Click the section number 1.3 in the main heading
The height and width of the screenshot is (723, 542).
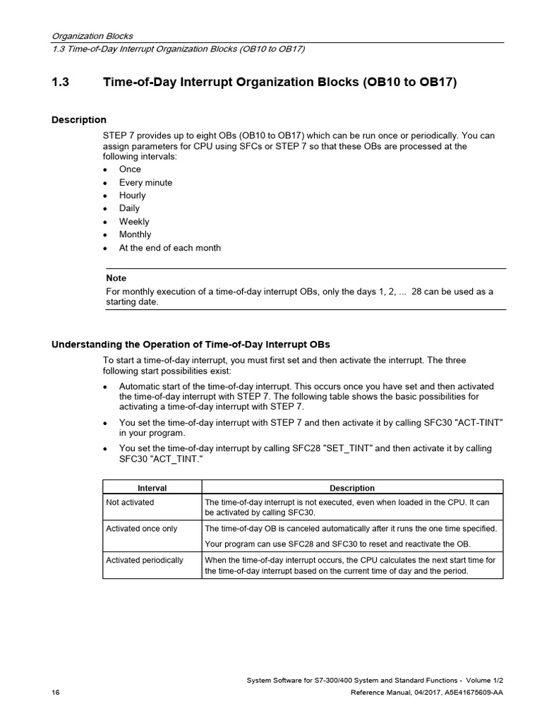(x=60, y=83)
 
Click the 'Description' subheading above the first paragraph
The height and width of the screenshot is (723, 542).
(x=78, y=120)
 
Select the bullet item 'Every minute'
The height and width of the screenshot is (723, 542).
(x=145, y=182)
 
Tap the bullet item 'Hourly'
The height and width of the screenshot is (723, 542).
(x=132, y=196)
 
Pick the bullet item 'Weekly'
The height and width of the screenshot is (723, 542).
(x=134, y=222)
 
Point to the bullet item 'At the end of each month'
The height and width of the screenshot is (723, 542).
(x=169, y=248)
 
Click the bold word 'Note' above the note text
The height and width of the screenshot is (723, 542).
(x=116, y=278)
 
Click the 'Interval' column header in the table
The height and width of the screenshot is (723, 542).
(x=152, y=488)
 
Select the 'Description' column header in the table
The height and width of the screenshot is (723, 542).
(x=352, y=488)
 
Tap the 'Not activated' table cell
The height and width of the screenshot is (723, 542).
(x=130, y=503)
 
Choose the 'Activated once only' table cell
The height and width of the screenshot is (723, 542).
(x=142, y=529)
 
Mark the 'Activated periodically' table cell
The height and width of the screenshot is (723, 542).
(x=145, y=560)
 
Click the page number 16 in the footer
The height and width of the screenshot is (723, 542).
(x=56, y=693)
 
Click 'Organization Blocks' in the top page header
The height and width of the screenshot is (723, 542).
(x=92, y=36)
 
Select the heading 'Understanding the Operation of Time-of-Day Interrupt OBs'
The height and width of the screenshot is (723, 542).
(x=191, y=345)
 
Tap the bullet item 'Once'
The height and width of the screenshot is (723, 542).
(x=130, y=169)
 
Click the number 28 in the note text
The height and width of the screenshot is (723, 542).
(x=416, y=292)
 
